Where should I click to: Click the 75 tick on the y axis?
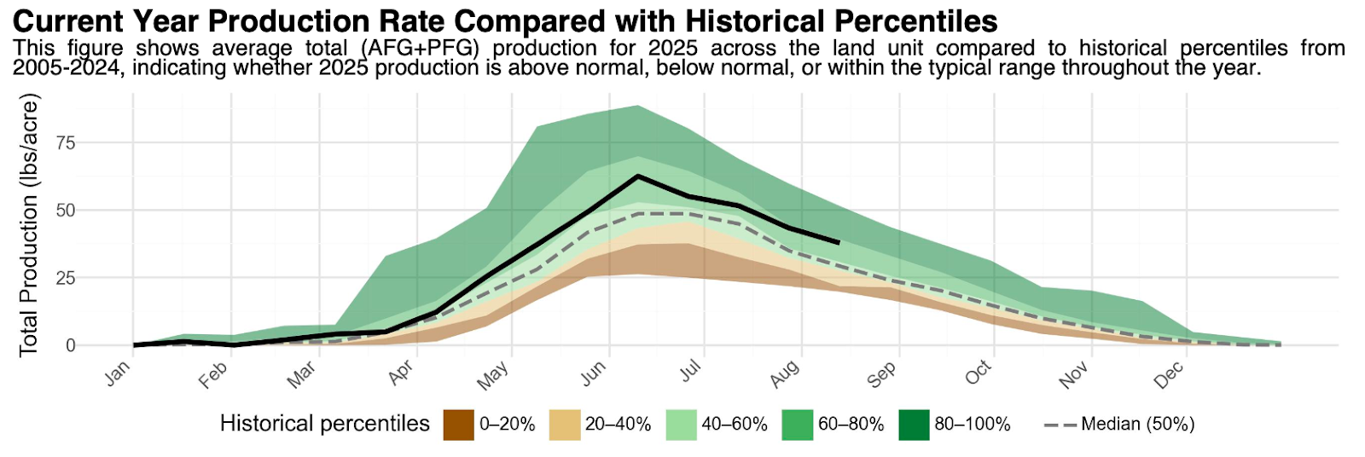pos(66,142)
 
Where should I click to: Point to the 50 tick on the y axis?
pos(66,210)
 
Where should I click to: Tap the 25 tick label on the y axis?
pos(66,278)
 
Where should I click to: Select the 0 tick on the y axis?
pos(71,345)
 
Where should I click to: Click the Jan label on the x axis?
pos(119,373)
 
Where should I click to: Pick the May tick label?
pos(493,375)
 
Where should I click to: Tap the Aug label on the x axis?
pos(785,373)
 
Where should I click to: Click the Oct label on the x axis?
pos(979,373)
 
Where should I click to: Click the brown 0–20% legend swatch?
pos(458,425)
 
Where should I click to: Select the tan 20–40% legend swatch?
pos(564,425)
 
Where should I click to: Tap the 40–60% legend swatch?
pos(681,425)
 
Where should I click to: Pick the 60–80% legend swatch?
pos(797,425)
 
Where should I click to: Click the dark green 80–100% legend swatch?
pos(914,425)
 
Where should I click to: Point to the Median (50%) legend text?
pos(1137,425)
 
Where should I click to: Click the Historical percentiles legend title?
pos(325,424)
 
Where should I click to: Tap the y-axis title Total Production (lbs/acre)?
pos(30,226)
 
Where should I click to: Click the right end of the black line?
pos(839,243)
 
